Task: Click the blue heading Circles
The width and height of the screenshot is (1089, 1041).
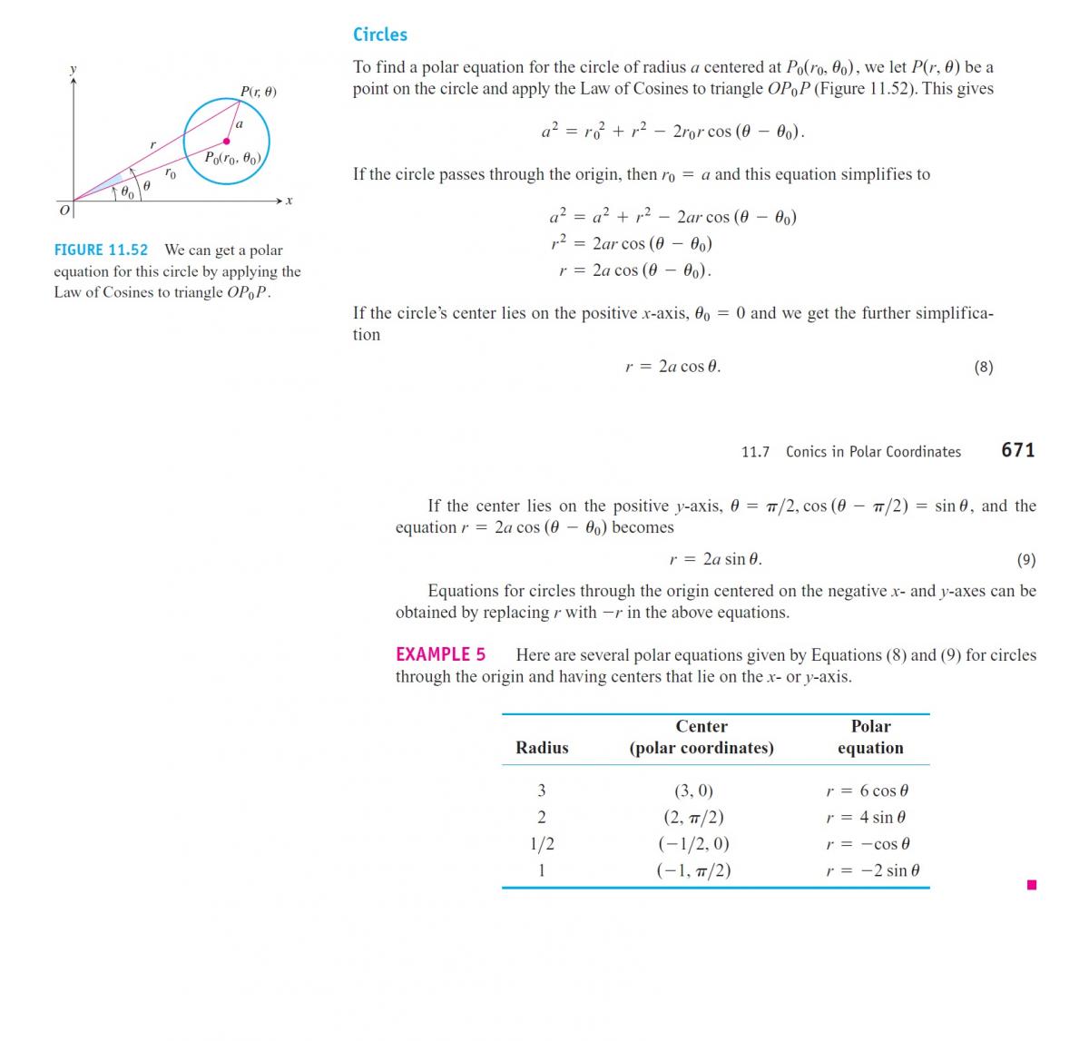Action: coord(379,34)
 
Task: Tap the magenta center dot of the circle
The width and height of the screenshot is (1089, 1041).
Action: coord(226,141)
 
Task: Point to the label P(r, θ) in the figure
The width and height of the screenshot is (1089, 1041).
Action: coord(259,91)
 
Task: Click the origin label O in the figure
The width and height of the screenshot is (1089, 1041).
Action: coord(64,211)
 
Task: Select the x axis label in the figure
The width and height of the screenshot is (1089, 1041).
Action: coord(289,201)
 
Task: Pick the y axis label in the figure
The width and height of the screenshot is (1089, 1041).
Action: coord(74,69)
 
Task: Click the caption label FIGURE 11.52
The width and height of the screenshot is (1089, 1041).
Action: coord(101,250)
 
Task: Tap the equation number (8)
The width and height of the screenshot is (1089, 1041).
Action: coord(983,367)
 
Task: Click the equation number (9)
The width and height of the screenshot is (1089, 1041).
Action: coord(1025,560)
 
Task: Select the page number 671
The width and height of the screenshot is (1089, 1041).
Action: coord(1017,450)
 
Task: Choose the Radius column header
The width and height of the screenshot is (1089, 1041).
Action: coord(542,748)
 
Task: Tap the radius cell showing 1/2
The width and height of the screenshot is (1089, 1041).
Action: coord(542,844)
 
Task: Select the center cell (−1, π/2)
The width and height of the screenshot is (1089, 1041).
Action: coord(693,870)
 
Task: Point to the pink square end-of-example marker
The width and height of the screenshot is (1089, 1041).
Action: coord(1031,885)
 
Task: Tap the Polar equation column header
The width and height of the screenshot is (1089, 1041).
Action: coord(870,737)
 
